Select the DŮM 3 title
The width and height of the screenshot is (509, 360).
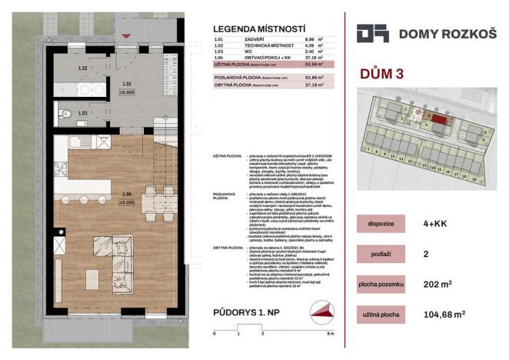point(382,74)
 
